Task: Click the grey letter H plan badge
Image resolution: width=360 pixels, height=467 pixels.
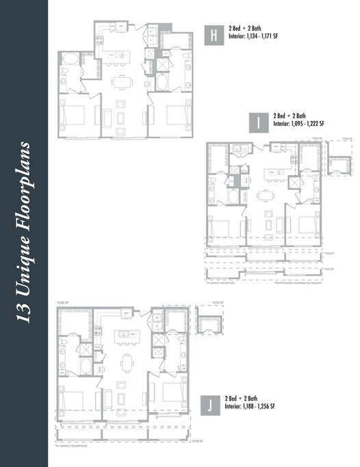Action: click(x=214, y=36)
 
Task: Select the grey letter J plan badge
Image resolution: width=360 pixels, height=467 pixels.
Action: click(x=214, y=405)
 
